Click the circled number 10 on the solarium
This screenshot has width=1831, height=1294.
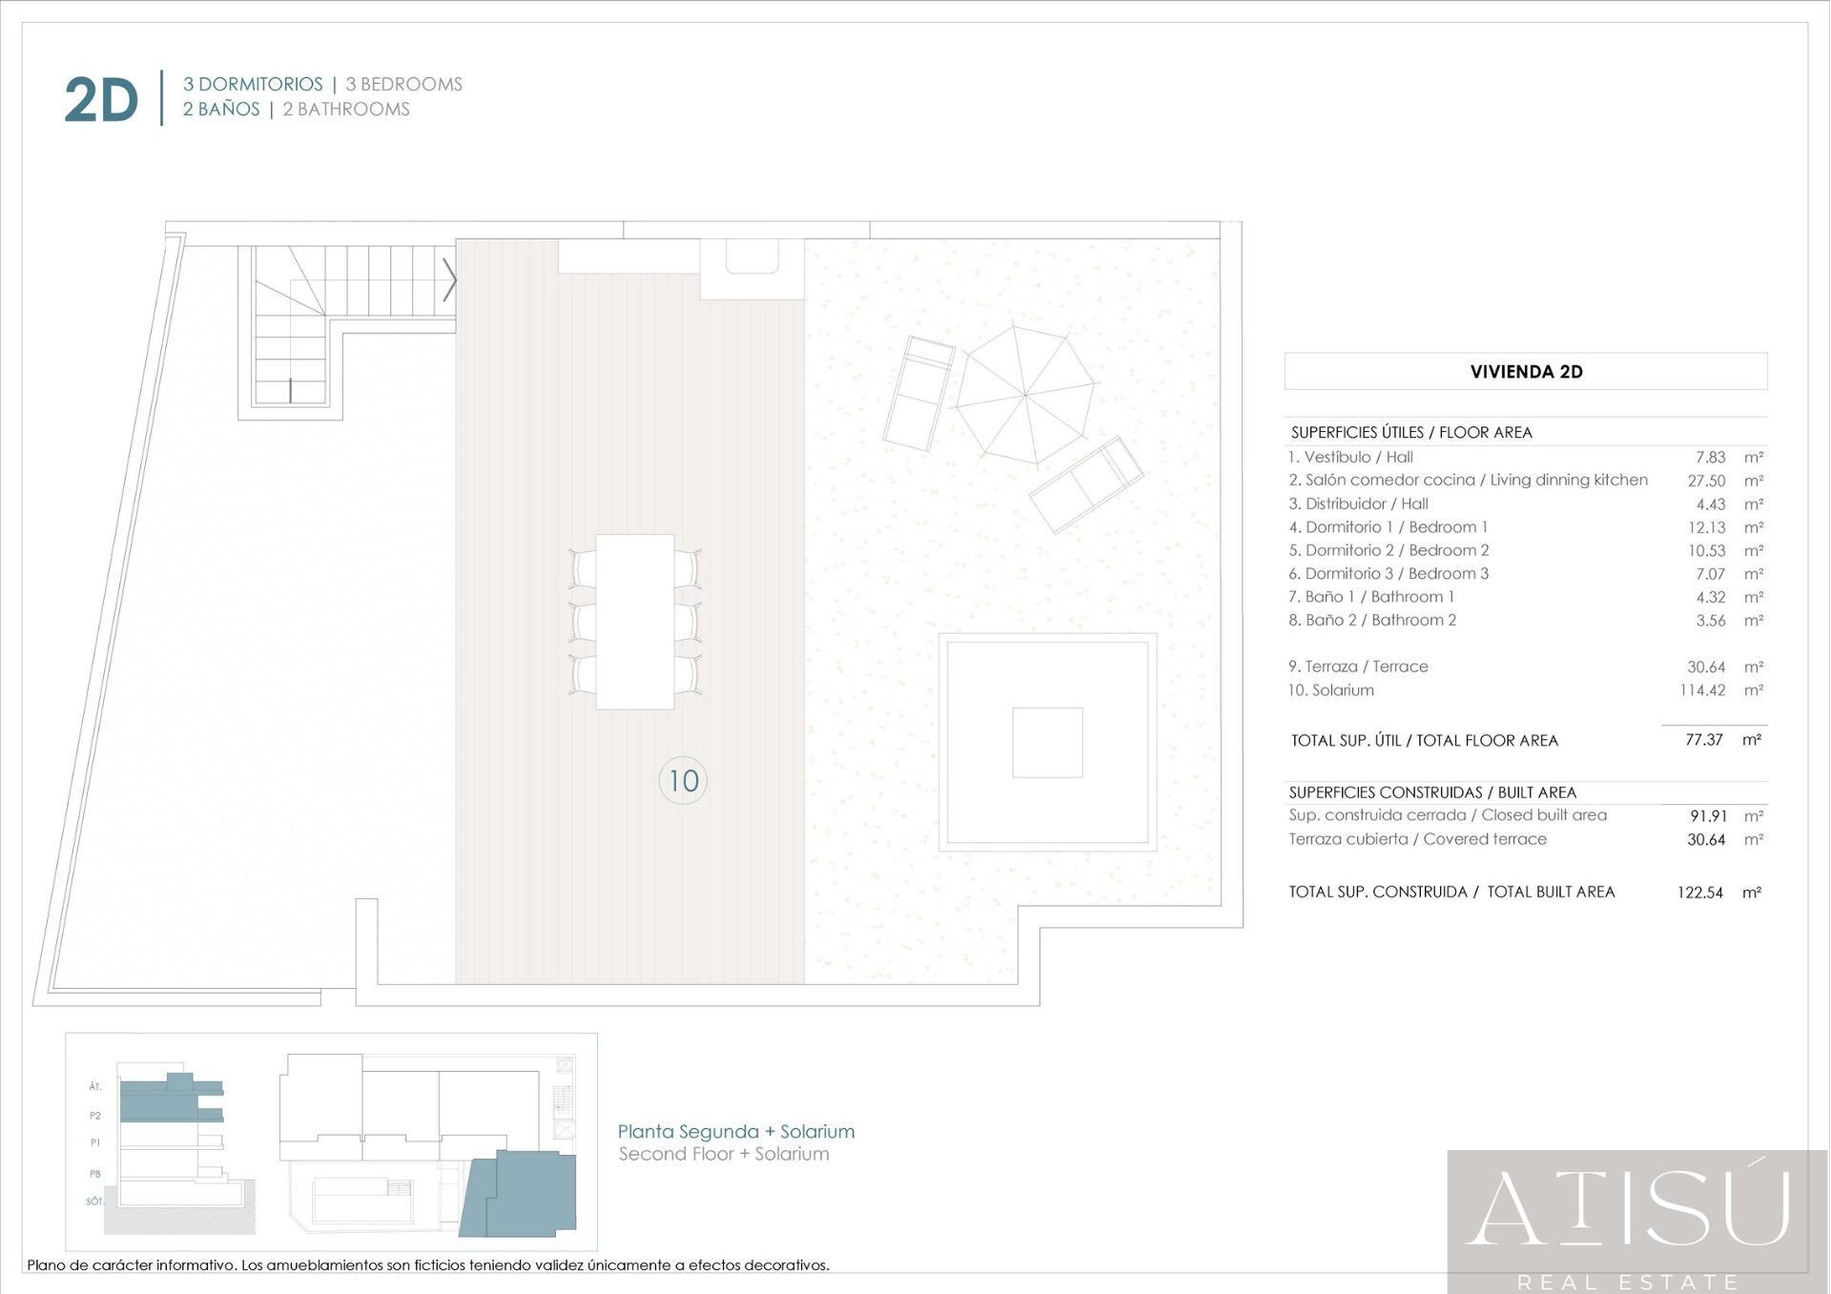tap(683, 781)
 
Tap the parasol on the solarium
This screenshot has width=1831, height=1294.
tap(1025, 395)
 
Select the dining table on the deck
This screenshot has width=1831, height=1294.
tap(635, 622)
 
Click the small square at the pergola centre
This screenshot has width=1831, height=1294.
tap(1047, 743)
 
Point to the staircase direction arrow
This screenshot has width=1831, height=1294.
tap(449, 280)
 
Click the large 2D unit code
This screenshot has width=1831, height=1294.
tap(101, 100)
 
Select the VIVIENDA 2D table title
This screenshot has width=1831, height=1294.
tap(1526, 372)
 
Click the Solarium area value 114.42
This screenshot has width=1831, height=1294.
tap(1702, 690)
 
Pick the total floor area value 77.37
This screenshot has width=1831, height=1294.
tap(1704, 740)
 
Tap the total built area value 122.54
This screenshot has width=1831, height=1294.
tap(1700, 893)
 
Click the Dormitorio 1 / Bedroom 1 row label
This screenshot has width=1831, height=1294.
tap(1388, 527)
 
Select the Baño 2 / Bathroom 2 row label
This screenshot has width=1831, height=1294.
tap(1372, 620)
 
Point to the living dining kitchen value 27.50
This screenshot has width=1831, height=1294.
tap(1706, 481)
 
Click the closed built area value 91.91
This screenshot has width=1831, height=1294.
tap(1708, 816)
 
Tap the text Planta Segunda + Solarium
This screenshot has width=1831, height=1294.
tap(736, 1132)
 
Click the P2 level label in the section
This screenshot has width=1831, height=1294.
tap(95, 1116)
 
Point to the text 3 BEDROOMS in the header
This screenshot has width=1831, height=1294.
tap(403, 85)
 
